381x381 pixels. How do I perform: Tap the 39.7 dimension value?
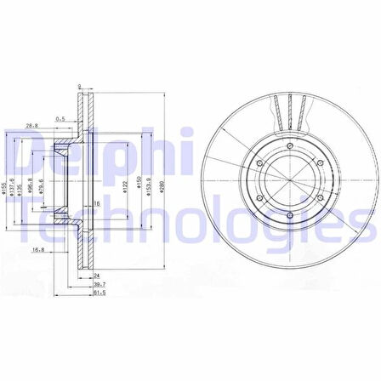(x=98, y=284)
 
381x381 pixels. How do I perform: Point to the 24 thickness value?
(x=98, y=276)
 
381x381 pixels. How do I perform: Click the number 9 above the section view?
(x=78, y=86)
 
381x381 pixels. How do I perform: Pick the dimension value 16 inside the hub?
(x=98, y=204)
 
